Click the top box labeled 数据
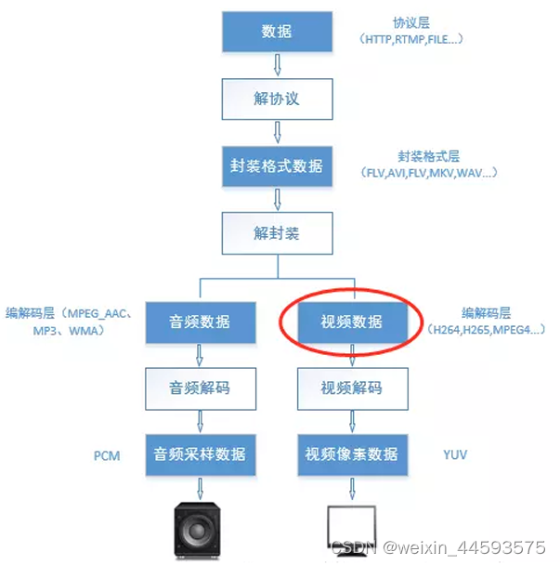tap(276, 33)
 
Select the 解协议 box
tap(276, 98)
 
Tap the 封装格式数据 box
tap(276, 166)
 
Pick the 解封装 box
tap(276, 233)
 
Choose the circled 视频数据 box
tap(351, 322)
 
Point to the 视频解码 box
tap(351, 388)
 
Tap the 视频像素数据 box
tap(351, 454)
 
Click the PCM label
tap(108, 456)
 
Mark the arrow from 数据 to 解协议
tap(276, 65)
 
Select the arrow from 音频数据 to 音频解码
tap(199, 355)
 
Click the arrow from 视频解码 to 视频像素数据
tap(351, 421)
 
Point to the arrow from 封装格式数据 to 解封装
tap(276, 200)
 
